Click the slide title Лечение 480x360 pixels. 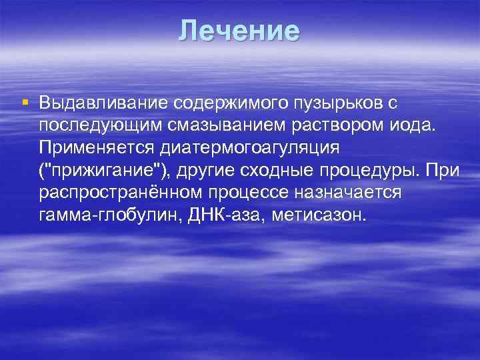[x=239, y=31]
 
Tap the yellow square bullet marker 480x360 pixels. [x=25, y=103]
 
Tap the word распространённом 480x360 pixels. [x=122, y=192]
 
